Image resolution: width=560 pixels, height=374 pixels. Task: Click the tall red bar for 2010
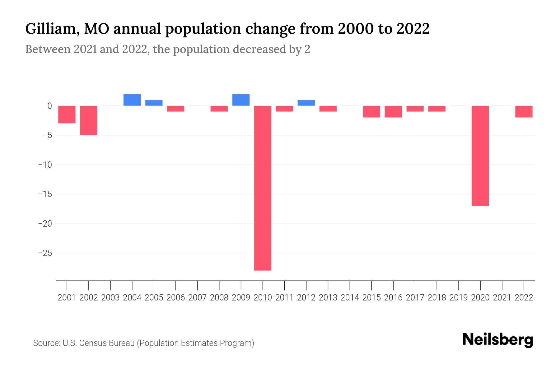click(263, 188)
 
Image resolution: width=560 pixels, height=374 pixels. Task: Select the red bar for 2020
click(480, 156)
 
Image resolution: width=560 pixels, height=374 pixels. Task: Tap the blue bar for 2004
click(132, 100)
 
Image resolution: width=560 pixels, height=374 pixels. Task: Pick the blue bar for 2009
click(241, 100)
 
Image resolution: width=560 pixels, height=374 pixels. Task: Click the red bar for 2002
click(89, 120)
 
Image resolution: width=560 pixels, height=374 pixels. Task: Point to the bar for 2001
click(67, 114)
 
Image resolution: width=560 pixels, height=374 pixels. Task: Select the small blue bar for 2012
click(306, 103)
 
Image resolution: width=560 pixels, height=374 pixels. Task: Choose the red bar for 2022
click(524, 112)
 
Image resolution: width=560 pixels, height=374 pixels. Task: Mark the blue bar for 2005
click(154, 103)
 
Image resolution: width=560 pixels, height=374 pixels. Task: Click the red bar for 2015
click(371, 112)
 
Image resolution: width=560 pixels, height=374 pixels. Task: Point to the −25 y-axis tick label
click(45, 253)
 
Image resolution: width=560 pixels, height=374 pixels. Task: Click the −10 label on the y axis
click(45, 165)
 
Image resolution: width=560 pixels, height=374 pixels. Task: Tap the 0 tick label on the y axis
click(49, 106)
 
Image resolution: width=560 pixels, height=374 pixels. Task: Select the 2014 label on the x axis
click(350, 298)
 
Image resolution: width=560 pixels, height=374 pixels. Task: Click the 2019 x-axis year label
click(458, 298)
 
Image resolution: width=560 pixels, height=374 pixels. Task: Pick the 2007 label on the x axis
click(197, 298)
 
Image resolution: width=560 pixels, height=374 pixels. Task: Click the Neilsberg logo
click(498, 340)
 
